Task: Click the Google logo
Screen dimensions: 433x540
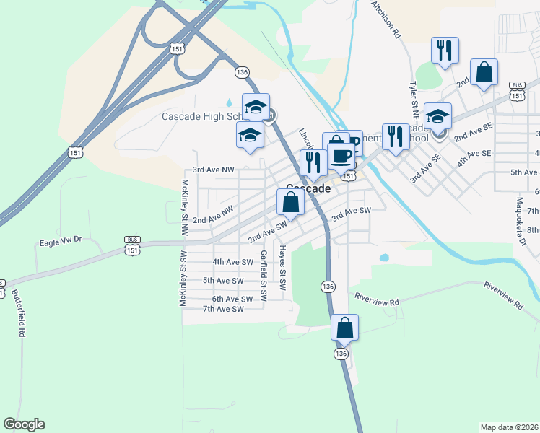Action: click(24, 424)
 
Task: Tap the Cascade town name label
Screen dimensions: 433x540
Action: click(308, 188)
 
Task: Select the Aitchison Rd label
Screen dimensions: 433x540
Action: click(386, 19)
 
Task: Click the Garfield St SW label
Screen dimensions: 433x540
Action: click(264, 275)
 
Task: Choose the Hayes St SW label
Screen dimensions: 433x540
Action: click(283, 268)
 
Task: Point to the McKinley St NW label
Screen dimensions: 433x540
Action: click(185, 208)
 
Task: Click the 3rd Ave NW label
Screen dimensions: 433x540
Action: click(214, 170)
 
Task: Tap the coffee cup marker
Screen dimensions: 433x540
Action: click(341, 154)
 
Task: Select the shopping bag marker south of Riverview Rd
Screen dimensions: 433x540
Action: click(345, 327)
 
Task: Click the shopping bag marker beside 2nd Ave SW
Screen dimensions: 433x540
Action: click(290, 202)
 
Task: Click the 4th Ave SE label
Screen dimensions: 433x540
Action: click(474, 154)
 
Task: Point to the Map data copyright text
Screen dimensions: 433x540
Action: click(509, 427)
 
